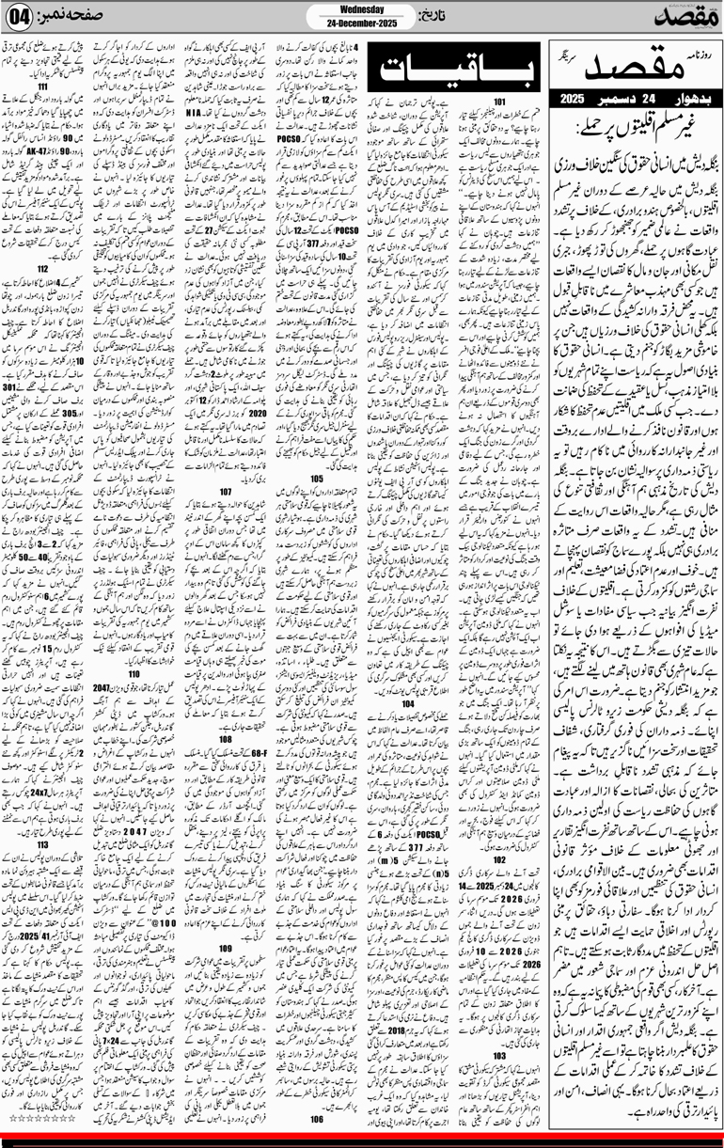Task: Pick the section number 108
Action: (x=226, y=740)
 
